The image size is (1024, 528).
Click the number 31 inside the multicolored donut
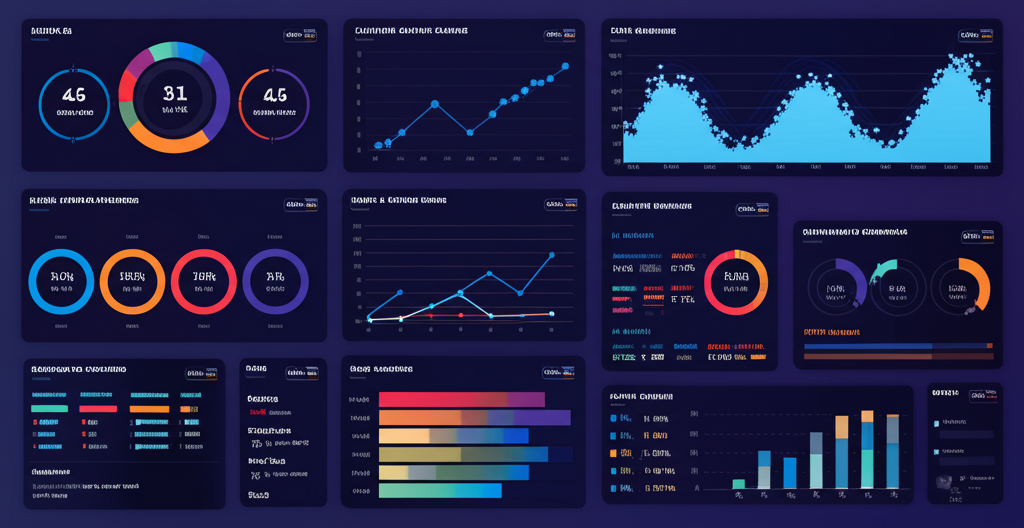[175, 94]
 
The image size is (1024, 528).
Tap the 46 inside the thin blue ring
[74, 96]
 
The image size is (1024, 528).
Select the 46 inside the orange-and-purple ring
[274, 96]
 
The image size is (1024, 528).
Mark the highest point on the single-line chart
[565, 66]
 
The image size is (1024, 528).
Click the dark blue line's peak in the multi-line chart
[552, 255]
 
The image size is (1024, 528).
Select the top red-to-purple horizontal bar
[461, 399]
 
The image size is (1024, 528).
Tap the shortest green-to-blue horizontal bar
[440, 490]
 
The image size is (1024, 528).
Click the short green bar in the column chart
[738, 484]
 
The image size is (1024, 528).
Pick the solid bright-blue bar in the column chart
[790, 472]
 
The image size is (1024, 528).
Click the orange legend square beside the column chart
[613, 453]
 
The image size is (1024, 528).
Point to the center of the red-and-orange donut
[735, 282]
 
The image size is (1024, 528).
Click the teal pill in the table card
[49, 408]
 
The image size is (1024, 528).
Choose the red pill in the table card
[98, 408]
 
